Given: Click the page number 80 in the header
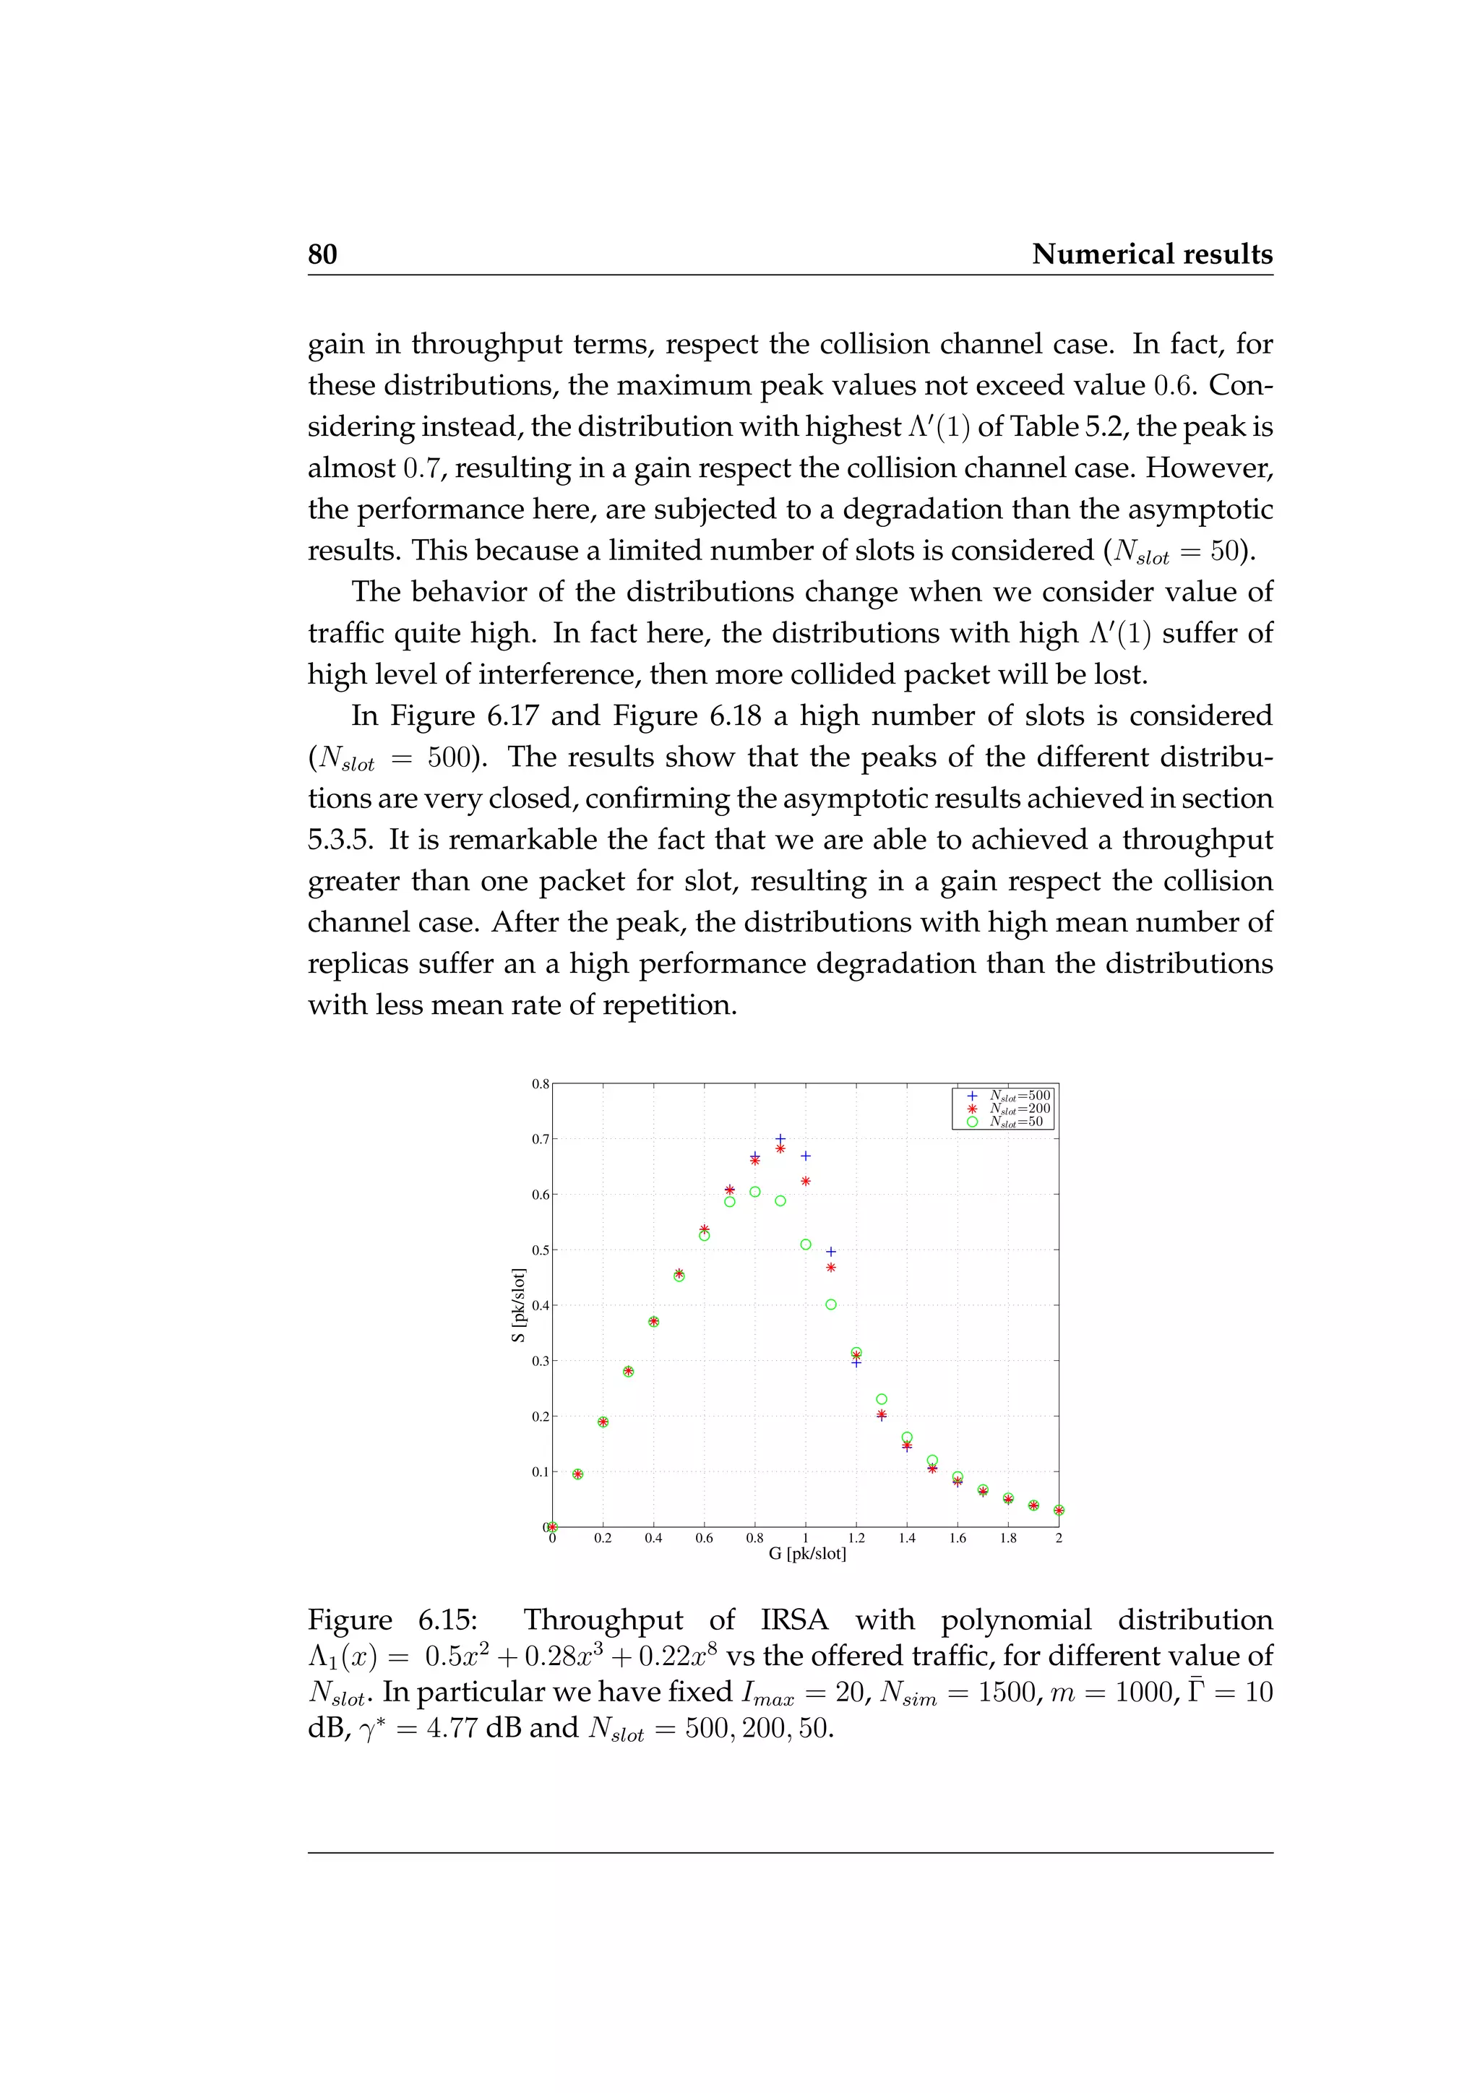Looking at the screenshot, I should click(322, 254).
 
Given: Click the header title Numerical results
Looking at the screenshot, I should click(1152, 254).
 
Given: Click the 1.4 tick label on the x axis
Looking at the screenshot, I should click(907, 1539).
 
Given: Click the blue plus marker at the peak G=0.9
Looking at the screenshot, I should click(780, 1138).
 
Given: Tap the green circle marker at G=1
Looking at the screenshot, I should click(806, 1245).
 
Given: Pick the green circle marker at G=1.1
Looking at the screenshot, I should click(831, 1305).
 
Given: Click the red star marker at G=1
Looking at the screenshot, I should click(806, 1182).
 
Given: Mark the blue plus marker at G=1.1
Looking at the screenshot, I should click(831, 1252).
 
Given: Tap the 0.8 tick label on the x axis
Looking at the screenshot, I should click(754, 1539).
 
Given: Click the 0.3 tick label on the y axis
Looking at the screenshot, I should click(541, 1361).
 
